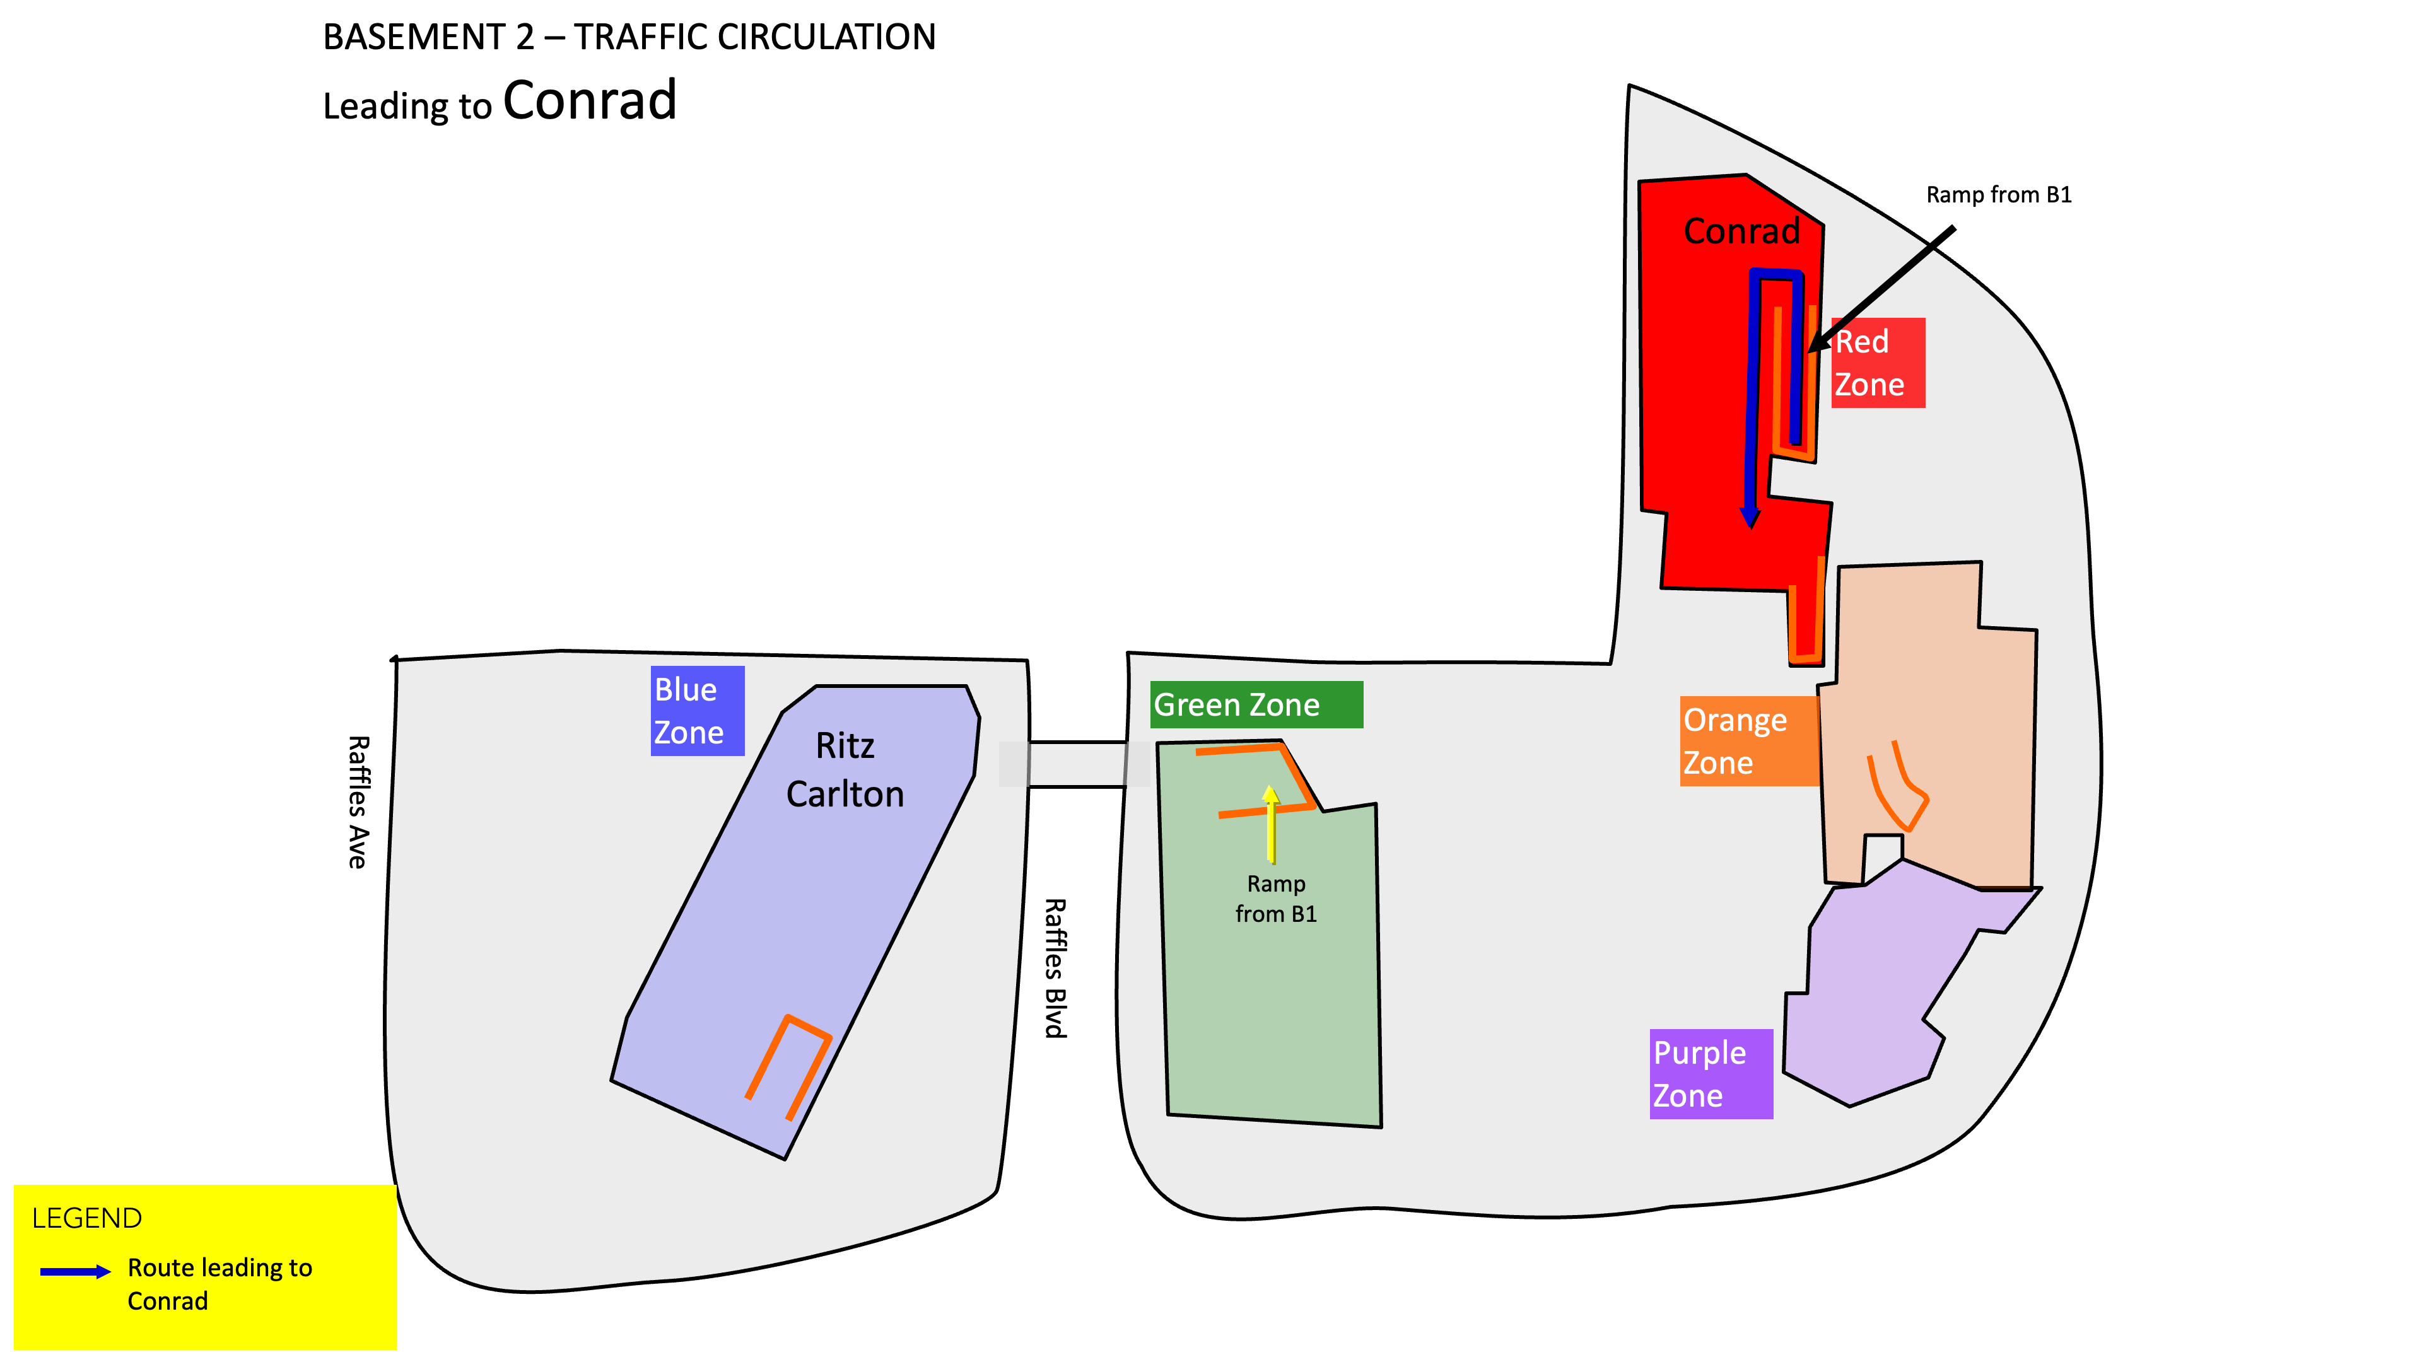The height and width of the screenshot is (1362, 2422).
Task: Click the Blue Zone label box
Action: [697, 711]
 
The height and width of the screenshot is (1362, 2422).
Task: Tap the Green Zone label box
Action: [1256, 704]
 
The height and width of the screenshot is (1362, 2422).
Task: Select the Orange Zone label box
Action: [1750, 741]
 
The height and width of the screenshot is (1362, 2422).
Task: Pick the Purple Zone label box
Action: [1711, 1073]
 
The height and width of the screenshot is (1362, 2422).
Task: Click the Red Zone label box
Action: [1878, 363]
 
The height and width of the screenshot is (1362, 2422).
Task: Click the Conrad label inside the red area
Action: [1741, 231]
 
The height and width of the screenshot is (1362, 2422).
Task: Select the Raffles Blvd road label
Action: [1056, 968]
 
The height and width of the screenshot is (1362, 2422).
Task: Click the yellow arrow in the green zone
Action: [1271, 824]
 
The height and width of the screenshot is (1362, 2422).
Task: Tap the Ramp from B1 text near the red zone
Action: [1999, 195]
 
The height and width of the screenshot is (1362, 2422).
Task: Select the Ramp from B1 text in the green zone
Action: [1276, 899]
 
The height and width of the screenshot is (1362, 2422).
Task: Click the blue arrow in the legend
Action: [75, 1272]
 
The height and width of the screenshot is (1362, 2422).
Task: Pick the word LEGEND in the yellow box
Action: [86, 1218]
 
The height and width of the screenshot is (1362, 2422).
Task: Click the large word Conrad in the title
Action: [590, 100]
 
